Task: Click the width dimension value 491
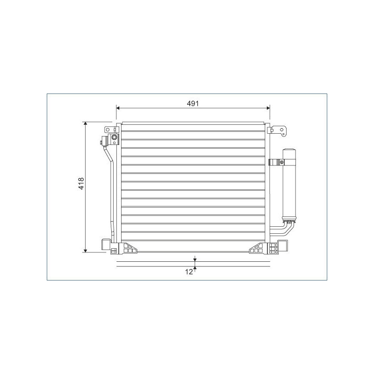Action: click(193, 103)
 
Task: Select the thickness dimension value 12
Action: click(189, 272)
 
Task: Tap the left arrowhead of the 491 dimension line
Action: click(118, 108)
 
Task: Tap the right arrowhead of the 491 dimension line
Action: click(268, 108)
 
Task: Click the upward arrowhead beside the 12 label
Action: click(195, 269)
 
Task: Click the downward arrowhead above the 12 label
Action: click(195, 259)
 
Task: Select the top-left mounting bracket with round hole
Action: click(109, 129)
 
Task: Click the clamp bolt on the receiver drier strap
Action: click(282, 163)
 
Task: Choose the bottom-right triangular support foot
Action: click(258, 248)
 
